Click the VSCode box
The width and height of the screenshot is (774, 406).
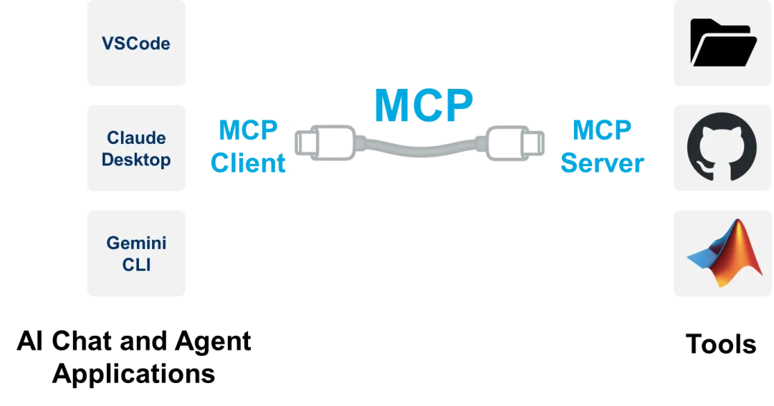(137, 44)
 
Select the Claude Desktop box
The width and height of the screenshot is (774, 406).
(137, 148)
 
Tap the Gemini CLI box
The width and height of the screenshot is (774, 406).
(137, 253)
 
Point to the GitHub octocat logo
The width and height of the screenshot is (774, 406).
(721, 148)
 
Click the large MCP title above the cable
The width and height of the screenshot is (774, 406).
(423, 106)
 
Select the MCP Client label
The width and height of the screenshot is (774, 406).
(247, 147)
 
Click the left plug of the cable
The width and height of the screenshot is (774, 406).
(322, 143)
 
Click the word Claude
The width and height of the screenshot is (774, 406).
(137, 137)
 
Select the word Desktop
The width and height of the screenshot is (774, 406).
(137, 160)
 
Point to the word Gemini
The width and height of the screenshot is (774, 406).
(137, 243)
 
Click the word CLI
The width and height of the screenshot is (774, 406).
(137, 265)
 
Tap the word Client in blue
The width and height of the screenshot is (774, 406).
(247, 163)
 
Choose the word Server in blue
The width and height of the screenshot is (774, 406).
(603, 163)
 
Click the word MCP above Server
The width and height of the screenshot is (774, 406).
(603, 130)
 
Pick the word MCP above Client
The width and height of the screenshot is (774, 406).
(247, 130)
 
